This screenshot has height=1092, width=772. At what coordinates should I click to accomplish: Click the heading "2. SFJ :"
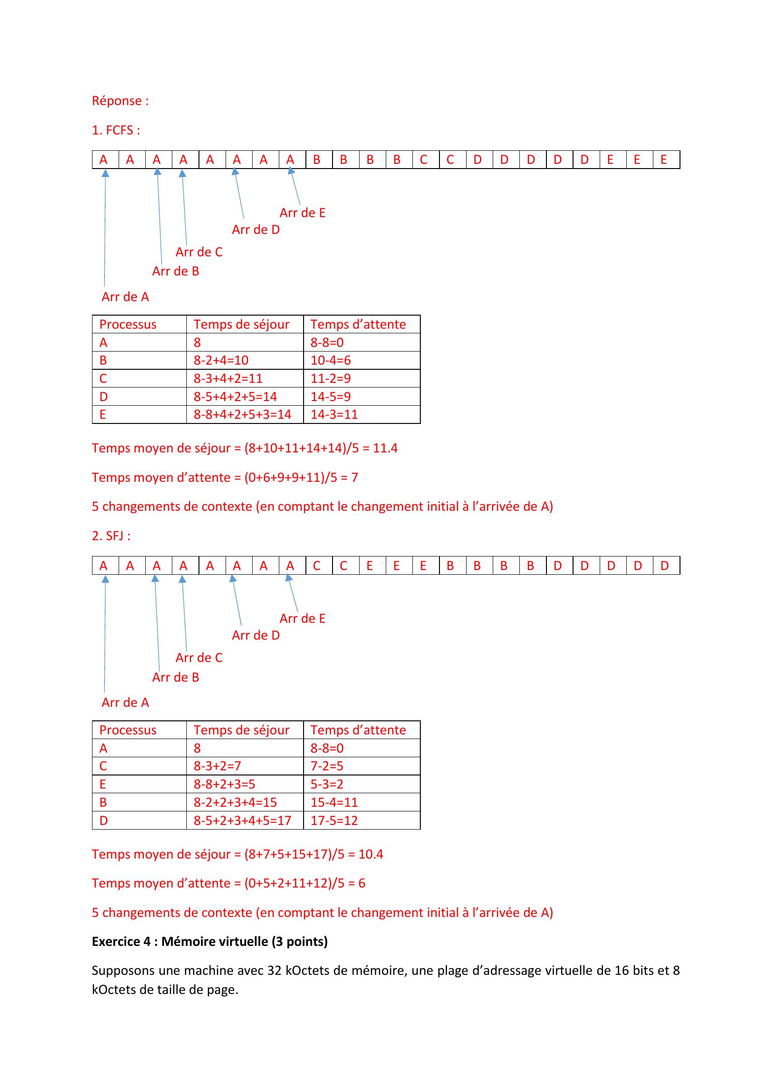pos(111,536)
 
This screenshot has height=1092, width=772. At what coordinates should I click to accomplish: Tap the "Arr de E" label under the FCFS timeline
pos(302,212)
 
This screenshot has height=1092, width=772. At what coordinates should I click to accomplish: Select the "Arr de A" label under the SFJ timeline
pos(125,703)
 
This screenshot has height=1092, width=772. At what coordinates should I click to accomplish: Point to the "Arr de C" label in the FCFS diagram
pos(199,252)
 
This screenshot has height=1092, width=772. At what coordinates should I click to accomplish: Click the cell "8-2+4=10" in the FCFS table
pos(221,360)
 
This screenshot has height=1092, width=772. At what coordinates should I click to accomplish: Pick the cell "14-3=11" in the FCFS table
pos(334,414)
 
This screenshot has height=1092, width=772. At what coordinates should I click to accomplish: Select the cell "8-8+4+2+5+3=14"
pos(242,414)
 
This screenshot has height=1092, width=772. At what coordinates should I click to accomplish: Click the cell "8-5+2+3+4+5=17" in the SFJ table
pos(242,820)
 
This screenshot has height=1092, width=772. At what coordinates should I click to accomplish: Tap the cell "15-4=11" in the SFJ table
pos(334,803)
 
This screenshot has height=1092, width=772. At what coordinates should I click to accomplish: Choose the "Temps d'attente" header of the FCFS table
pos(358,324)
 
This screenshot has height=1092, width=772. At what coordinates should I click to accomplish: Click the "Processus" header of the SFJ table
pos(127,730)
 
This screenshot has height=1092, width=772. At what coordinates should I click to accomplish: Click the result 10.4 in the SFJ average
pos(370,854)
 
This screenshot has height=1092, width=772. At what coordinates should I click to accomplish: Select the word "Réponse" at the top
pos(117,101)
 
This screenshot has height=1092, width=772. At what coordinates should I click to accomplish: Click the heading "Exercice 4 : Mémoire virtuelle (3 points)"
pos(209,941)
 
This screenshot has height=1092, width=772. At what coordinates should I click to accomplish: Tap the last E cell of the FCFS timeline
pos(664,160)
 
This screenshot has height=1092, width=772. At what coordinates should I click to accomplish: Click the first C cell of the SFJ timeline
pos(316,565)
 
